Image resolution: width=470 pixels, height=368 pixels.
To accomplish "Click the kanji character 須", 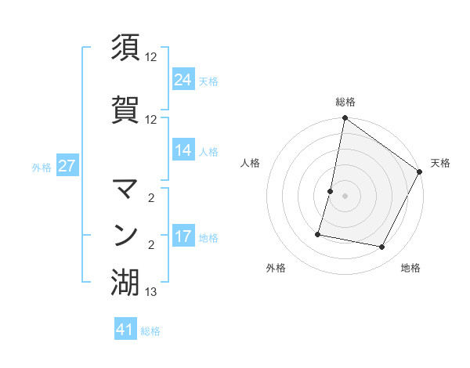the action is tap(125, 47).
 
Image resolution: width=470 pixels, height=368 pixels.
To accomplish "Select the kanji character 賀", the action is tap(125, 109).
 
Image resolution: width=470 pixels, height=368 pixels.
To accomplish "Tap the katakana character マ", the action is tap(125, 189).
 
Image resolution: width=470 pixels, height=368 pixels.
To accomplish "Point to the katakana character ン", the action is tap(125, 235).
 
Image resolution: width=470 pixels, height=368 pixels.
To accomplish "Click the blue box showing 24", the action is tap(183, 80).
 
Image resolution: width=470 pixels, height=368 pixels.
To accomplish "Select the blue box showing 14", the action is tap(183, 150).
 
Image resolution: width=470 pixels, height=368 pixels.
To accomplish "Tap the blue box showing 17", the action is tap(183, 236).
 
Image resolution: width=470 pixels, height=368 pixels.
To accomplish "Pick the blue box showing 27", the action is tap(67, 166).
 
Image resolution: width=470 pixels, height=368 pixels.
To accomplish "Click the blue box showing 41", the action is tap(125, 330).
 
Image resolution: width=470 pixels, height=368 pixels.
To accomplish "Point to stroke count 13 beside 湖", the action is tap(151, 293).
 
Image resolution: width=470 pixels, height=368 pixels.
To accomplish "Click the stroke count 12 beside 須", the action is tap(151, 57).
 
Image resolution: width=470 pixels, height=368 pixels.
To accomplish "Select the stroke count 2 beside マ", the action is tap(151, 198).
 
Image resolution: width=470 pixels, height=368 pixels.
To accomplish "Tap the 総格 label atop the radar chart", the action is tap(345, 103).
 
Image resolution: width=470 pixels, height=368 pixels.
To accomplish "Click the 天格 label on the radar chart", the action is tap(440, 163).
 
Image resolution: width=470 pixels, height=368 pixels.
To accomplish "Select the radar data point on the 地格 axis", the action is tap(382, 247).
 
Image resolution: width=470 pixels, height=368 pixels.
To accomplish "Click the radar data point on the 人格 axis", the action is tap(331, 191).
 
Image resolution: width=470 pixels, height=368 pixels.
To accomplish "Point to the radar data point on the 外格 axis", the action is tap(319, 233).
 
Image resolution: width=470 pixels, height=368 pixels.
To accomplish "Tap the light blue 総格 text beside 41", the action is tap(150, 331).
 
